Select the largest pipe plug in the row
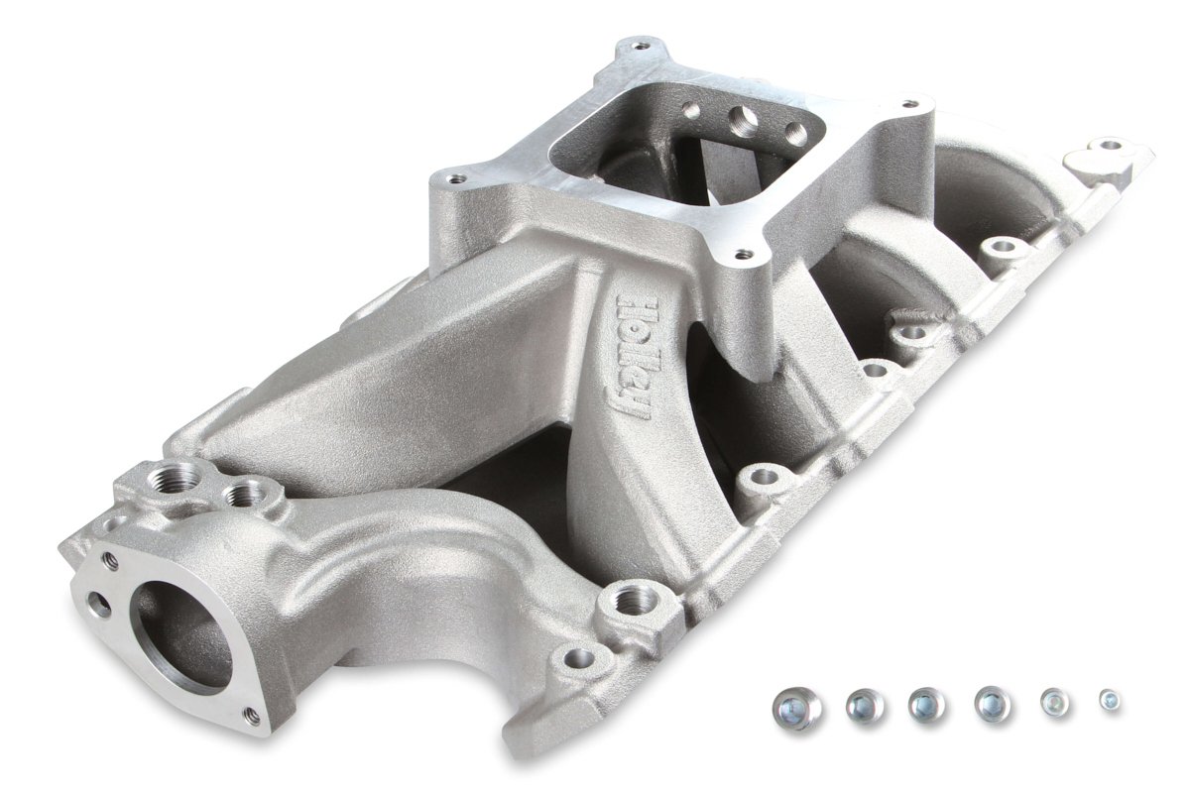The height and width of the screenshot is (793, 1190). click(797, 709)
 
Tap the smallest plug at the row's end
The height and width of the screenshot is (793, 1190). click(1110, 700)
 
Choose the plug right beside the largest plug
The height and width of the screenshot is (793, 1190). click(864, 706)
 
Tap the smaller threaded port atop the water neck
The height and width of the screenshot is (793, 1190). click(243, 492)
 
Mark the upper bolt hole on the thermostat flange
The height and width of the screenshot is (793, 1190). click(110, 561)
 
